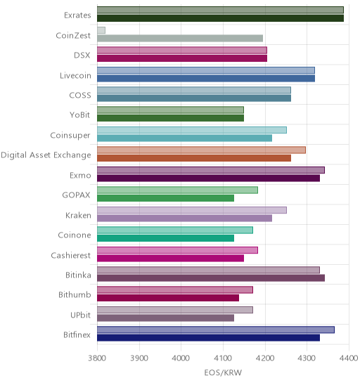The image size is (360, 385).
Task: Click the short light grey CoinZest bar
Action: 101,30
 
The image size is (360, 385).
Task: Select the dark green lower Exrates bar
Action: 220,18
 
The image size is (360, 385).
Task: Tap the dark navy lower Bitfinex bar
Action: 208,338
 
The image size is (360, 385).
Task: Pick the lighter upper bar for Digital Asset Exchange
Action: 202,150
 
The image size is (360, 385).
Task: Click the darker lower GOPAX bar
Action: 166,198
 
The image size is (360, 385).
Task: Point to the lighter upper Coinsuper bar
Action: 192,130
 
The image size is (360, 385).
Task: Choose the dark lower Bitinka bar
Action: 211,278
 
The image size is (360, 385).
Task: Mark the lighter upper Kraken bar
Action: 192,210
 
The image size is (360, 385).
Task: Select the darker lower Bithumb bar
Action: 168,298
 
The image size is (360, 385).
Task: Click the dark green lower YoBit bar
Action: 171,118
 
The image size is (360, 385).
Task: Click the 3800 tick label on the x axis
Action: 97,358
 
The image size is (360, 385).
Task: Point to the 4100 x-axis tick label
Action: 223,358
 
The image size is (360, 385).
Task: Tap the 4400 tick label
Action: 349,358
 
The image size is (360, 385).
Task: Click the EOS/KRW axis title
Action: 223,373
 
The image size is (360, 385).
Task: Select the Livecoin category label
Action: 75,75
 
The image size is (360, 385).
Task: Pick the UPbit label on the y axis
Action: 81,315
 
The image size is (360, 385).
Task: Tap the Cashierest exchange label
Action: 71,255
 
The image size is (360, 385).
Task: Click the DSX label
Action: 82,56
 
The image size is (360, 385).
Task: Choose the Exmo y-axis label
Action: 80,176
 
